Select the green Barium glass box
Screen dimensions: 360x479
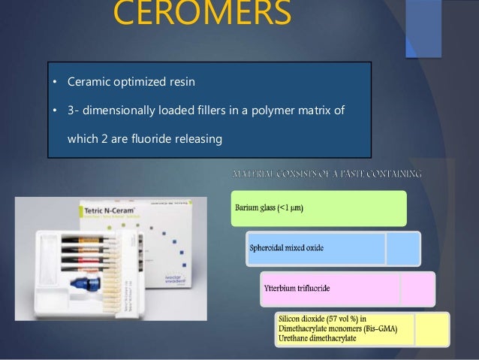click(318, 208)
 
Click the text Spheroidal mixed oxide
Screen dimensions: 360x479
click(287, 249)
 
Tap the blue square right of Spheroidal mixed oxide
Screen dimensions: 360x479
click(403, 249)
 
